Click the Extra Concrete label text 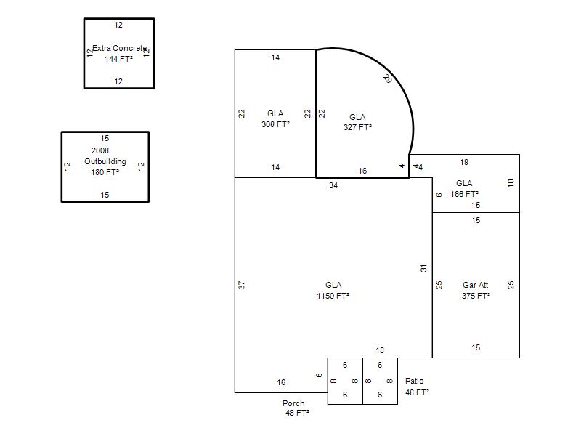pos(119,48)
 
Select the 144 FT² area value pos(118,59)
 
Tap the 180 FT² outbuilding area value pos(105,172)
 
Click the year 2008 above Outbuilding pos(100,150)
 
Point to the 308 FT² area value pos(275,124)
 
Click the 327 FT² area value pos(357,127)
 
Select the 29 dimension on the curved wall pos(388,78)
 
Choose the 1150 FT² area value pos(333,296)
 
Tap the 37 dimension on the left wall pos(242,285)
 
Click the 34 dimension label pos(333,185)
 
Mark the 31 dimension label pos(424,268)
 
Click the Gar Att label pos(476,285)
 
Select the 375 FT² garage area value pos(476,296)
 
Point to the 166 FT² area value pos(464,194)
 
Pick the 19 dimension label pos(464,162)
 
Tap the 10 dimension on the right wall pos(511,183)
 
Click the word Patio pos(414,381)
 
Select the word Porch pos(293,403)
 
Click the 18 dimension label pos(380,350)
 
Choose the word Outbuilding pos(105,161)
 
